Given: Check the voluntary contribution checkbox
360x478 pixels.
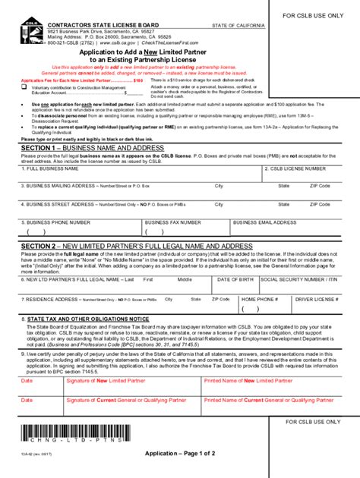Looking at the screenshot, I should tap(24, 87).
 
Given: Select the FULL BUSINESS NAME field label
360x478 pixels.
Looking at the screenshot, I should tap(52, 168).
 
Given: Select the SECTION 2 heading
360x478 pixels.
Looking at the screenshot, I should tap(137, 247).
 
